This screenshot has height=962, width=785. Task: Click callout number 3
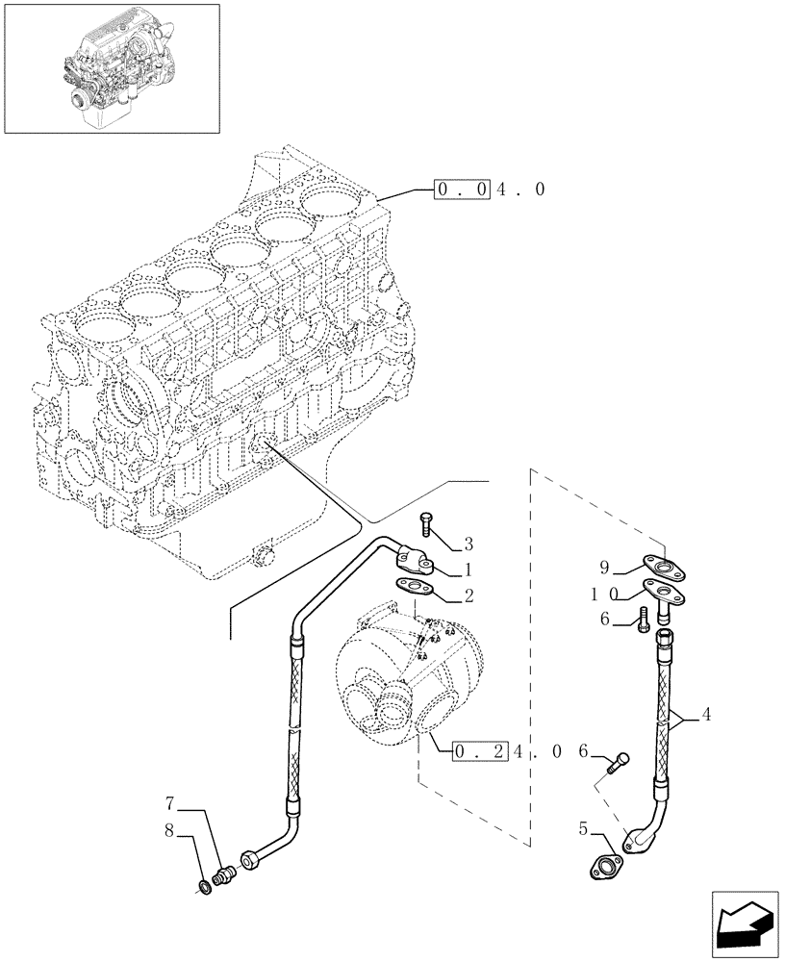pyautogui.click(x=468, y=544)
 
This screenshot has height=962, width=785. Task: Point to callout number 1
pyautogui.click(x=468, y=570)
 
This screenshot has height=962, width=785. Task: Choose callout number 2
pyautogui.click(x=468, y=596)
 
